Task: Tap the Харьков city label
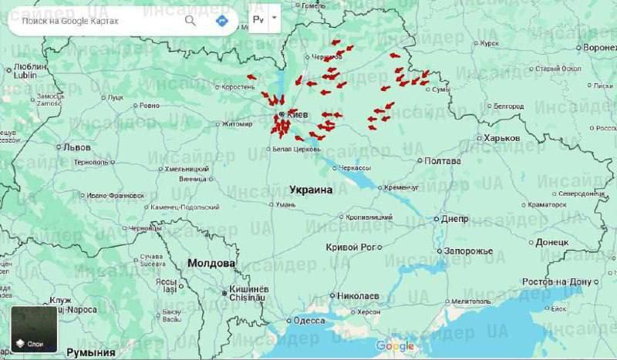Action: [502, 138]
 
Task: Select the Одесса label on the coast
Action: [308, 321]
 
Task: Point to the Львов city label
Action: [77, 146]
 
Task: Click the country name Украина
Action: [311, 189]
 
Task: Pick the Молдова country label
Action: [211, 263]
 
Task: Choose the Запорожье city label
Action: [467, 251]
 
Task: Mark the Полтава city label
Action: [443, 161]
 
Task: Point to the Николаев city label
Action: [359, 295]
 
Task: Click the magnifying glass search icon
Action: [190, 21]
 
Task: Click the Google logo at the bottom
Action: [395, 346]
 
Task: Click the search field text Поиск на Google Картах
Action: [70, 21]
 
